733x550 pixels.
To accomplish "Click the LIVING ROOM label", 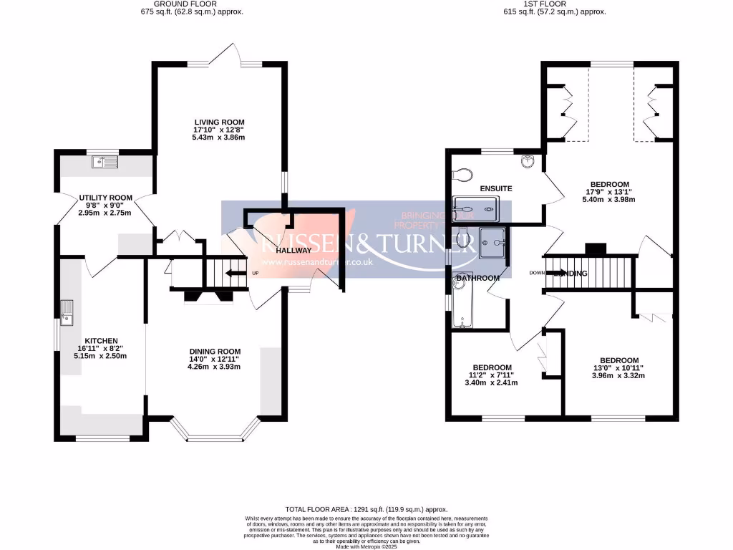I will (218, 121).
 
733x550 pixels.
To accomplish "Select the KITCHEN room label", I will (101, 340).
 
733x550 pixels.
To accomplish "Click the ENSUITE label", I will (496, 188).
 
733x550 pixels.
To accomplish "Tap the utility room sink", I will (105, 163).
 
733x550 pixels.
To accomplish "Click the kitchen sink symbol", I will (69, 312).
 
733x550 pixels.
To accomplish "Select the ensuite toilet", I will (462, 173).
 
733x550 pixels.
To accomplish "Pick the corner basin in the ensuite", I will (528, 160).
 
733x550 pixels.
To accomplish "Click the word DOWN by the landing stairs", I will (537, 273).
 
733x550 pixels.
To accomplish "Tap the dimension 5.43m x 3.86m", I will (218, 137).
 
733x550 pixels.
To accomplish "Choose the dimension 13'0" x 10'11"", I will (619, 368).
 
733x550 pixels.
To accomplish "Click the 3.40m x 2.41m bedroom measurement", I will (492, 382).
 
